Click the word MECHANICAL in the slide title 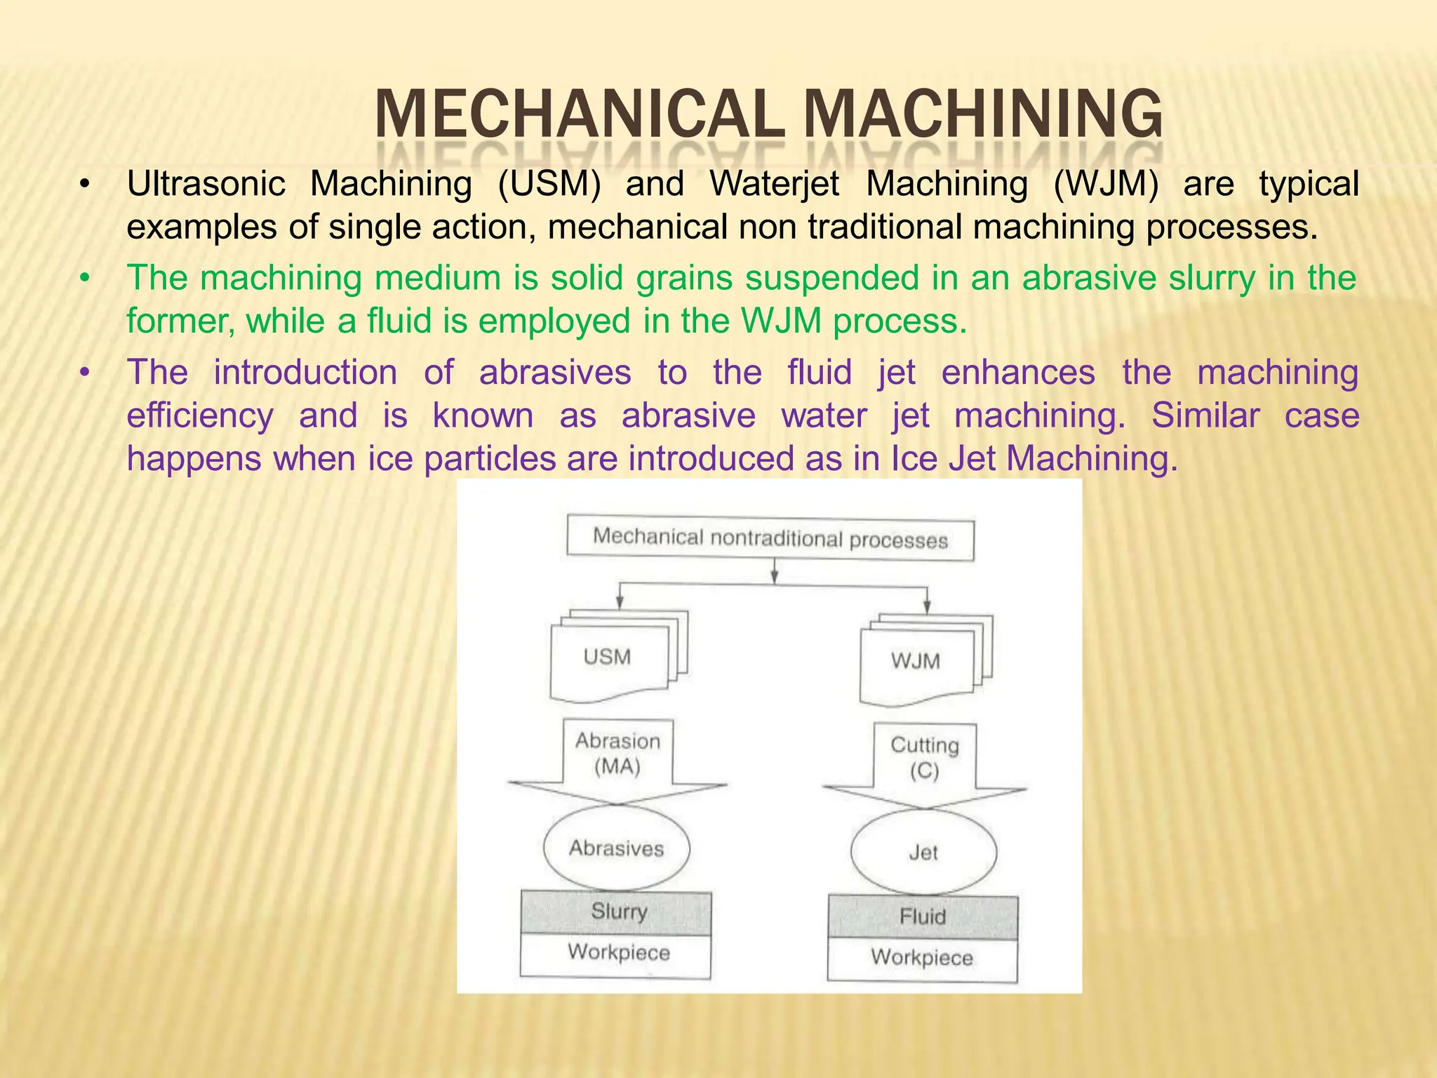click(x=580, y=114)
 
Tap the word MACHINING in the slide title click(x=982, y=114)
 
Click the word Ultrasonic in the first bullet click(x=206, y=184)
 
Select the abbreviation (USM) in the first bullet click(x=549, y=184)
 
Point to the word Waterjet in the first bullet click(x=775, y=184)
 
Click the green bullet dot click(x=85, y=279)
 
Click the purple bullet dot click(x=85, y=373)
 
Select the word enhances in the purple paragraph click(x=1018, y=372)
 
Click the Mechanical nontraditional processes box click(x=770, y=539)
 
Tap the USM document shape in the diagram click(x=609, y=658)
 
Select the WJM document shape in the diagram click(x=916, y=661)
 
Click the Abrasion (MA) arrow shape click(x=617, y=758)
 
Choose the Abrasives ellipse click(x=616, y=849)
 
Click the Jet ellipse click(x=923, y=853)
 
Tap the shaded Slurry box click(x=615, y=912)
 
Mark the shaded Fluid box click(x=923, y=917)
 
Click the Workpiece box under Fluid click(x=922, y=958)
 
